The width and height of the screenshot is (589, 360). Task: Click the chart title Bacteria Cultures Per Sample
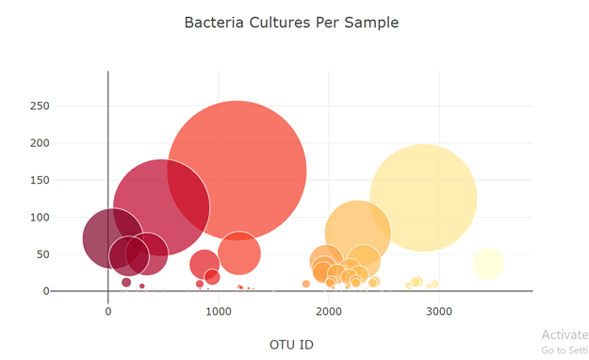(x=291, y=22)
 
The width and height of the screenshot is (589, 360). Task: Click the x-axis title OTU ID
(x=291, y=344)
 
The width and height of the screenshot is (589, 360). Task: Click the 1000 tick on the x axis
(x=218, y=312)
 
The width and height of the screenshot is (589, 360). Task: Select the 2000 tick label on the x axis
(x=329, y=312)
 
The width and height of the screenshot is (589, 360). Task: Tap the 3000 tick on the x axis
(x=438, y=312)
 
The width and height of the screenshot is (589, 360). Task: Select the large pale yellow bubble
(x=423, y=198)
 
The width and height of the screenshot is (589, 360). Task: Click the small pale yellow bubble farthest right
(x=488, y=264)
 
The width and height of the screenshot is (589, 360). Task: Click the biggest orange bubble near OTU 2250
(x=358, y=233)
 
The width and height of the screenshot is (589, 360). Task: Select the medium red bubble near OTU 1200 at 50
(x=239, y=253)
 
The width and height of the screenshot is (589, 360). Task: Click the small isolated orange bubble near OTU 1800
(x=306, y=284)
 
